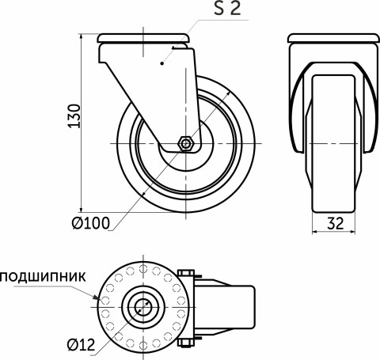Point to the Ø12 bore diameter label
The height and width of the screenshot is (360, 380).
[x=83, y=343]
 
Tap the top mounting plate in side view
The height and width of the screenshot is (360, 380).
[x=142, y=39]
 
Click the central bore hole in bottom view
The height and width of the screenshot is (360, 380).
[x=142, y=306]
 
